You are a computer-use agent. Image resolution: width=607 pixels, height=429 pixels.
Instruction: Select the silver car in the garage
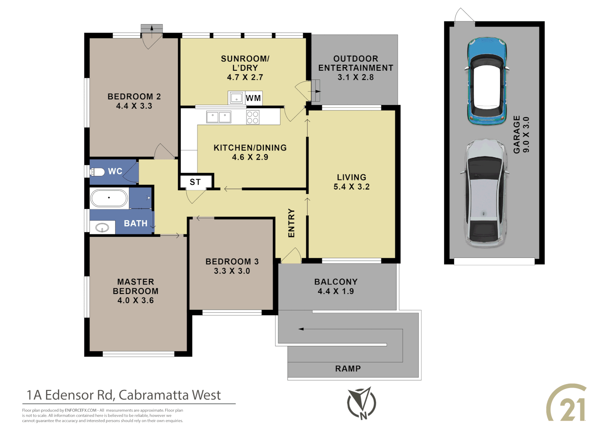(x=485, y=194)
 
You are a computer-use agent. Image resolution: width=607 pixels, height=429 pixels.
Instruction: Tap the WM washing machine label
(x=253, y=98)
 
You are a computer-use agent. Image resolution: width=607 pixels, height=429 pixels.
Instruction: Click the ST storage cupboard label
(x=195, y=182)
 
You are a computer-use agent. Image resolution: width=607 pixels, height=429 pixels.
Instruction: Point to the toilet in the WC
(x=97, y=172)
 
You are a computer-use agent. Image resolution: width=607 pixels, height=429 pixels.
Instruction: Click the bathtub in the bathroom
(x=109, y=198)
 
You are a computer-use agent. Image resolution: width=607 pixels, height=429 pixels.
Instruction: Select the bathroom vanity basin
(x=102, y=228)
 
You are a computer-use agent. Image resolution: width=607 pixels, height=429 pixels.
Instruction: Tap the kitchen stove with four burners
(x=253, y=117)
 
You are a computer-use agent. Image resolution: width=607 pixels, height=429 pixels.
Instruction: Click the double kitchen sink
(x=218, y=117)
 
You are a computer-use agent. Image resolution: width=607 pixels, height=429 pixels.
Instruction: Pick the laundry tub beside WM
(x=236, y=97)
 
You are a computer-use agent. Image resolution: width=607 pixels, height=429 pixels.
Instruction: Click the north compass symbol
(x=361, y=403)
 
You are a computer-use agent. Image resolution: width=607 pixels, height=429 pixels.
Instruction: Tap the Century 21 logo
(x=567, y=403)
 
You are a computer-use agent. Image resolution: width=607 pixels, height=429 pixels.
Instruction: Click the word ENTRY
(x=291, y=223)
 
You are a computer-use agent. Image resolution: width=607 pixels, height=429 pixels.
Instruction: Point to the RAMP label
(x=348, y=369)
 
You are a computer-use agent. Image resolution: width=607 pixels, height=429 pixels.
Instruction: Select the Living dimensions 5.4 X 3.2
(x=351, y=187)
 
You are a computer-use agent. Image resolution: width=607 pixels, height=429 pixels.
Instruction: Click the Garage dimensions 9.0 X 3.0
(x=526, y=135)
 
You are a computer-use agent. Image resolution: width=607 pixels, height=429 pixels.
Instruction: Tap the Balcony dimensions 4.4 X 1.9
(x=335, y=291)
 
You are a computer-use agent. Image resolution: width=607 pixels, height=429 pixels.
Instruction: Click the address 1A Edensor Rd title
(x=124, y=395)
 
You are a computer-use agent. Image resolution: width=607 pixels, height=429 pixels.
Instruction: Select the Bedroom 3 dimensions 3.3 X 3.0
(x=232, y=271)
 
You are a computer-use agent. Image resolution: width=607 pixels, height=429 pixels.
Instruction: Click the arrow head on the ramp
(x=301, y=329)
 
